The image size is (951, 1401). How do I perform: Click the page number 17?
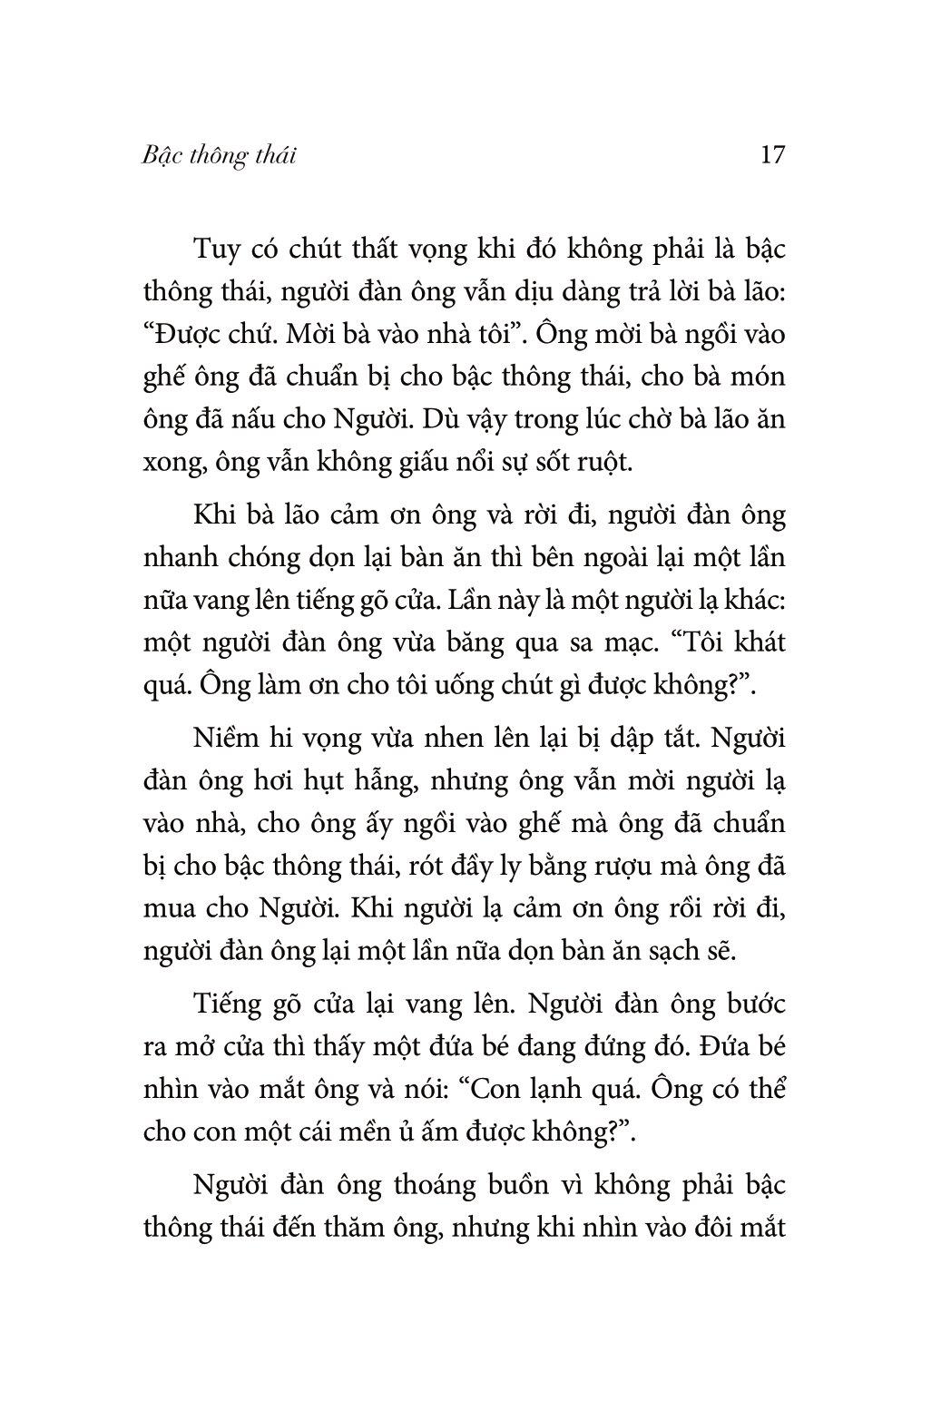click(772, 155)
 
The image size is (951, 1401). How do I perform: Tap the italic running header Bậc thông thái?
click(220, 156)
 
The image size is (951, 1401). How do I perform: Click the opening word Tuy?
click(215, 250)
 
